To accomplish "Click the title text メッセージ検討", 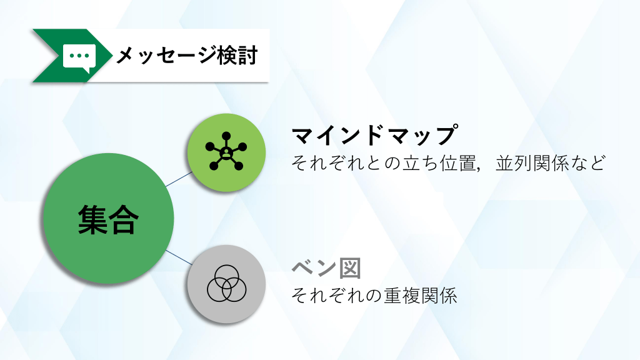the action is coord(187,56).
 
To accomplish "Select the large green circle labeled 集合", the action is coord(109,218).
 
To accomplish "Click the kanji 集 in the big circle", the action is coord(92,219).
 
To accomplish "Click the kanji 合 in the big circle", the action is coord(124,219).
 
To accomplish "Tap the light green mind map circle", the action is coord(226,152).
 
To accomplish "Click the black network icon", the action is coord(226,151).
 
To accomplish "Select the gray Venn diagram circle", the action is coord(226,284).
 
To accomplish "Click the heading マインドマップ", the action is coord(374,135).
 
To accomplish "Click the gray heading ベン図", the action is coord(326,268).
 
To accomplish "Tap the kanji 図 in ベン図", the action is coord(350,268).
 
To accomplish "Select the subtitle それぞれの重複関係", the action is coord(374,296).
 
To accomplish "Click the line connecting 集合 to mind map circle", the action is coord(179,179).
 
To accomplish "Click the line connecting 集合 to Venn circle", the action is coord(179,257).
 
